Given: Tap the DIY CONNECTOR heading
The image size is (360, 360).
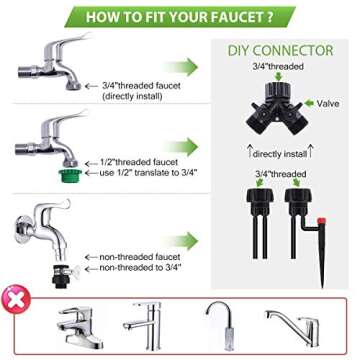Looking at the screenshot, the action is (x=280, y=51).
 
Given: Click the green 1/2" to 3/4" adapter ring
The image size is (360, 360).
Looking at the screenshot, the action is (x=70, y=175).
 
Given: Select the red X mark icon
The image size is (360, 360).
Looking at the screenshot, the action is (x=16, y=298).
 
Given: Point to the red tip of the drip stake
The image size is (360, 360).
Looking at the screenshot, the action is (x=322, y=221).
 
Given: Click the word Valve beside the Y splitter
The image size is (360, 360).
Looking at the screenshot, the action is (x=328, y=104).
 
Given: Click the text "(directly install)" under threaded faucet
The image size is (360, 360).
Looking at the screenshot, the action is (x=132, y=97).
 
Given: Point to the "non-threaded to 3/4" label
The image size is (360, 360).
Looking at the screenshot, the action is (x=140, y=268).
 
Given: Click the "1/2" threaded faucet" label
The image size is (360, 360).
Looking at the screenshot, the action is (x=139, y=163).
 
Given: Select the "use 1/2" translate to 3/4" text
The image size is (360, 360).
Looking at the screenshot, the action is (x=148, y=173).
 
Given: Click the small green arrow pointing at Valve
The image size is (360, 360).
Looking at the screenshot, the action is (x=309, y=103).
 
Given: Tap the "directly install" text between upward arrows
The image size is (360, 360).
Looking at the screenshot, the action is (x=280, y=154).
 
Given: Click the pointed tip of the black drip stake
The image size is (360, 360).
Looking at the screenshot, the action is (x=323, y=286).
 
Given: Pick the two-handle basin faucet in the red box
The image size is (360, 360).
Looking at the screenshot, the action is (x=80, y=327).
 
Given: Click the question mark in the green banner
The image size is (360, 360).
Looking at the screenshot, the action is (x=269, y=17).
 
